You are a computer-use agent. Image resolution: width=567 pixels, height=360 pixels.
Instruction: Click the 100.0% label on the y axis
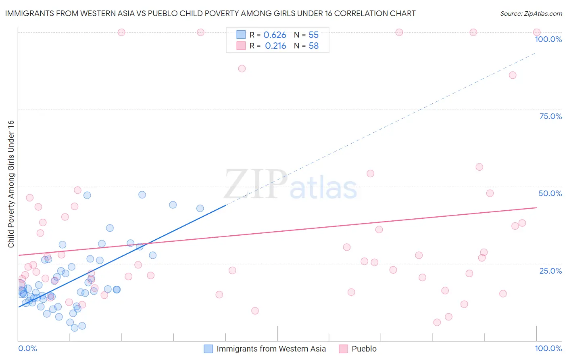point(548,39)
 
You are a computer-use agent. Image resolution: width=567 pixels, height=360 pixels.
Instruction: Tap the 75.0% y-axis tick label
point(550,116)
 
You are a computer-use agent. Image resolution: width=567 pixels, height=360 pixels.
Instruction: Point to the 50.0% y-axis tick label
point(550,193)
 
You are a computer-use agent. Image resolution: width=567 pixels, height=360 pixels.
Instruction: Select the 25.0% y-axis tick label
point(550,270)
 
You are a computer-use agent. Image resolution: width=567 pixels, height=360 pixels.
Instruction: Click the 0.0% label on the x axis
point(27,348)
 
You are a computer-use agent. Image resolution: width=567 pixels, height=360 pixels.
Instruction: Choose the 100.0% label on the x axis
point(548,348)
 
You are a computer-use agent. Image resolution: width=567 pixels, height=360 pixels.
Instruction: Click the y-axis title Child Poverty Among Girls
point(11,184)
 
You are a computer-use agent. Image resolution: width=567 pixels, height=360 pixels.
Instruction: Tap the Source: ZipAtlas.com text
point(531,14)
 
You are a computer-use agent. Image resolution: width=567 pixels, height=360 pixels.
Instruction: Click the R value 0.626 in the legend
point(275,35)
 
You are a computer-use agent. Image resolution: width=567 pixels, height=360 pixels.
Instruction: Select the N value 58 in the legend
point(313,46)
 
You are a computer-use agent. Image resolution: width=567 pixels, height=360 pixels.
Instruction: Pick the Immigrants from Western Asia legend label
point(271,349)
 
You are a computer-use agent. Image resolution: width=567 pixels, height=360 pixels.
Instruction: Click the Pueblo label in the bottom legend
point(364,349)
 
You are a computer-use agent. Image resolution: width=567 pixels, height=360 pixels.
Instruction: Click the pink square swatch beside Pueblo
point(343,349)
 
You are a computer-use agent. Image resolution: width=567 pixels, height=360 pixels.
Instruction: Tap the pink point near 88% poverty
point(242,69)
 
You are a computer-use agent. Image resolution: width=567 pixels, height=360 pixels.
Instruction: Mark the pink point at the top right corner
point(537,32)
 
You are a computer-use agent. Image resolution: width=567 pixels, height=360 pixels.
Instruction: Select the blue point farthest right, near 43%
point(200,208)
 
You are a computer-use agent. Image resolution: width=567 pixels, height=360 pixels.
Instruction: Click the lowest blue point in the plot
point(75,328)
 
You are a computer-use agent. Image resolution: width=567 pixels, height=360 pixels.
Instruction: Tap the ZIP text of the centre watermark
point(255,184)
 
